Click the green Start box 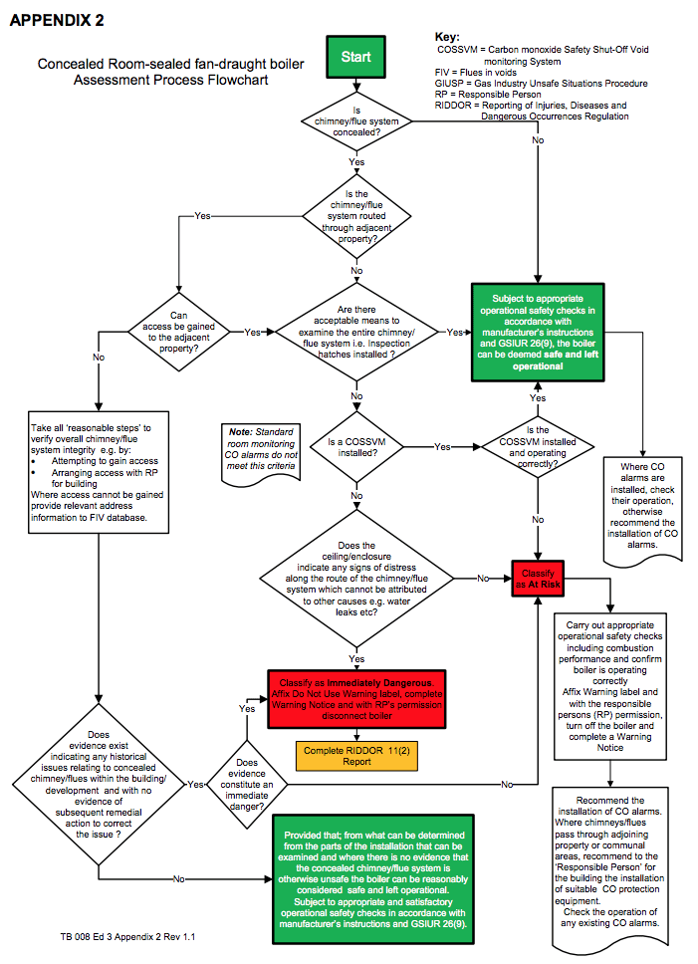point(355,57)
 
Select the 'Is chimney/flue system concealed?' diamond point(356,121)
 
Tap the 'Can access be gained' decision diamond point(179,332)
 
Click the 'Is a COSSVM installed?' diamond point(356,447)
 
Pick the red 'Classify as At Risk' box point(538,579)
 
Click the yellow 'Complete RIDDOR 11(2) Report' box point(356,756)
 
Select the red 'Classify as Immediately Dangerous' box point(356,699)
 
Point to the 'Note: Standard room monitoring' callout point(261,451)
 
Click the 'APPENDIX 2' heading point(57,20)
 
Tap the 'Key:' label point(447,37)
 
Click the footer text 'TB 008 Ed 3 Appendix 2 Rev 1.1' point(127,936)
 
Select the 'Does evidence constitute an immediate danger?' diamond point(247,785)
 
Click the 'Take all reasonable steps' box point(99,472)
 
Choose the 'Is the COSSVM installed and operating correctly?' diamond point(538,447)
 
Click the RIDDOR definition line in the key point(532,111)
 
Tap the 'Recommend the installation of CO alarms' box point(610,866)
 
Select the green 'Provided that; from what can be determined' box point(373,879)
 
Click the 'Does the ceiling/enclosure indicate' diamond point(356,579)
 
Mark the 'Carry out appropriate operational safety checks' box point(610,686)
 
